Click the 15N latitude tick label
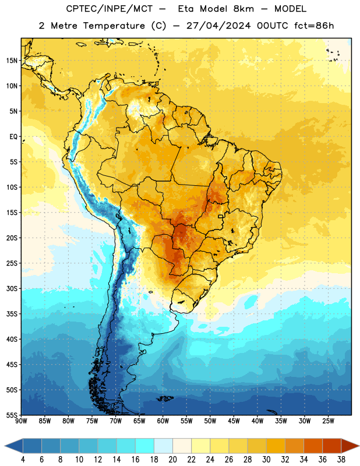[x=12, y=61]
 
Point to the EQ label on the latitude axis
[x=13, y=137]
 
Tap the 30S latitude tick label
[x=12, y=288]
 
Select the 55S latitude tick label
[x=12, y=415]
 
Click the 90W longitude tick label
[x=21, y=421]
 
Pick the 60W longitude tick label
[x=163, y=421]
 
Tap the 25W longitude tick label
[x=328, y=421]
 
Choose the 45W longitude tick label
[x=234, y=421]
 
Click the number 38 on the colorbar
[x=341, y=460]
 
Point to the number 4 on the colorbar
[x=23, y=460]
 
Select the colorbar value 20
[x=172, y=460]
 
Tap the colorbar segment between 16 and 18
[x=145, y=446]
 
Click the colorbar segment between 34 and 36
[x=313, y=446]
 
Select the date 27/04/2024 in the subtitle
[x=218, y=26]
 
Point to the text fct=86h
[x=314, y=26]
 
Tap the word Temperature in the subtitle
[x=114, y=26]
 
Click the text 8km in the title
[x=243, y=9]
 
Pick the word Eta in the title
[x=186, y=9]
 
